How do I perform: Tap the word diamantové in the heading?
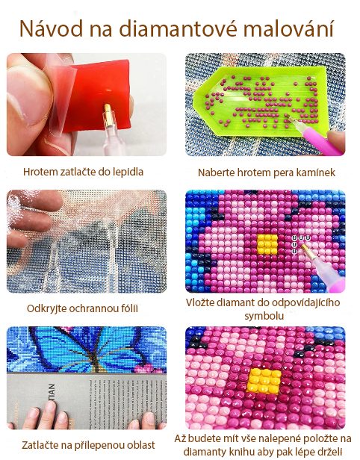178,28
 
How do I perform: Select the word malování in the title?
289,28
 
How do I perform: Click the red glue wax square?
100,96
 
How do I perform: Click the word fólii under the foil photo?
128,308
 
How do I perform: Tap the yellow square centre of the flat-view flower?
267,244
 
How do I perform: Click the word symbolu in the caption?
264,317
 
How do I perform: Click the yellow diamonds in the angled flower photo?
264,381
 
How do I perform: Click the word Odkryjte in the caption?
43,308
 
